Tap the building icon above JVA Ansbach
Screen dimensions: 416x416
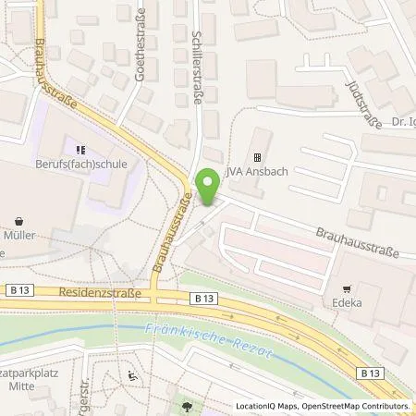(258, 157)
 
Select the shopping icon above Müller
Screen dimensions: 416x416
(21, 222)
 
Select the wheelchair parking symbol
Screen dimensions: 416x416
(132, 375)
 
